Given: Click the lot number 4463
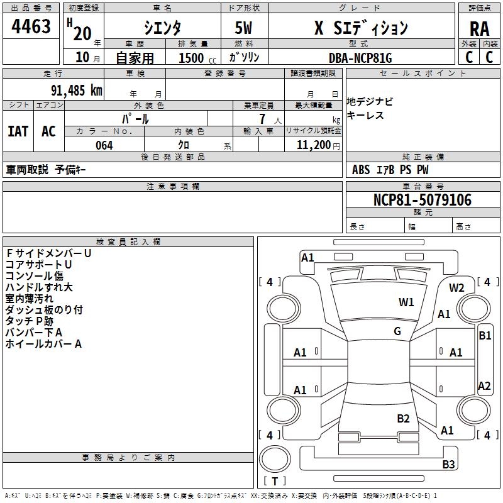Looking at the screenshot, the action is point(31,26).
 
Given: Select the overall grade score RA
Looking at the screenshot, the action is point(479,29).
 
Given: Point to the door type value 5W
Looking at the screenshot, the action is point(245,28).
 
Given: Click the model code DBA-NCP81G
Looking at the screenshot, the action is point(360,58).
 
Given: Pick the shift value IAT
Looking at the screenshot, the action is point(18,131).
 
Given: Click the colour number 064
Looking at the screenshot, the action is point(104,145).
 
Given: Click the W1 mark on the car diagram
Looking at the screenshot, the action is point(406,302).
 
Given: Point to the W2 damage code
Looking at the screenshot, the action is point(456,288).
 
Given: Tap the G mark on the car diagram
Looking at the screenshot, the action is point(397,331).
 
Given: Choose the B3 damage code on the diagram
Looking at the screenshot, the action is point(448,465).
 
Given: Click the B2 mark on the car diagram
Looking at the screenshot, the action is point(404,418).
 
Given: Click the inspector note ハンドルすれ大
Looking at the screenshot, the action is point(39,287).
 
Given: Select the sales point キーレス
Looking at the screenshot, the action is point(365,116).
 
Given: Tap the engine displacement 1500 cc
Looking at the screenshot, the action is point(196,58).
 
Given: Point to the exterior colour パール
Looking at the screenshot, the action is point(135,118).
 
